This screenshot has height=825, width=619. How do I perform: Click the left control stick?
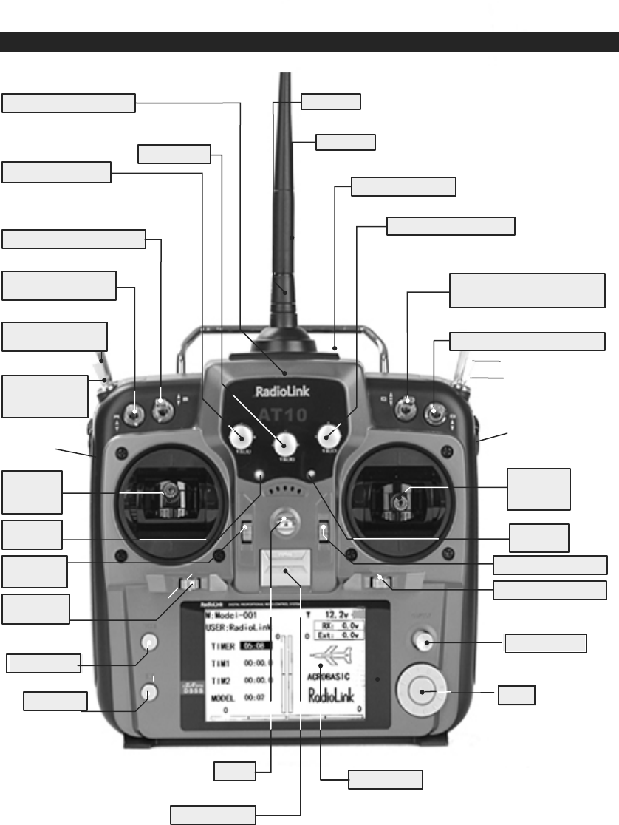(169, 492)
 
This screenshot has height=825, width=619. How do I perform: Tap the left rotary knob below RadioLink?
(239, 438)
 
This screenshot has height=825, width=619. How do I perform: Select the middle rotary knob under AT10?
(283, 444)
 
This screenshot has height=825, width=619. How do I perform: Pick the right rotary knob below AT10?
(327, 438)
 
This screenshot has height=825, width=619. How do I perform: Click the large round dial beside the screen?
(420, 693)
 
